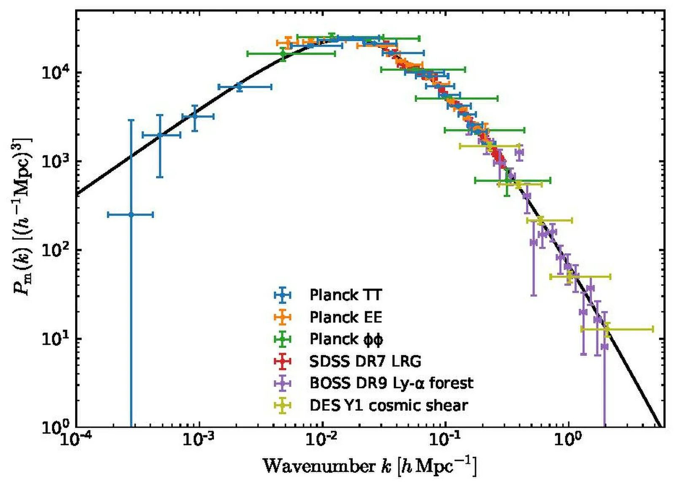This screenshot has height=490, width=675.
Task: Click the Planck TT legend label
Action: [346, 295]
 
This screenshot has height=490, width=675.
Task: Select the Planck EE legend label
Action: [346, 317]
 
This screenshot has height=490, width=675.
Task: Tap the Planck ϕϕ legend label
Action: [346, 339]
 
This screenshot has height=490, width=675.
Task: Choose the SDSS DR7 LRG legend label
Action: [365, 361]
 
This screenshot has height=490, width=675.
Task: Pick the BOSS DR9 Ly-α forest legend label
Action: [391, 383]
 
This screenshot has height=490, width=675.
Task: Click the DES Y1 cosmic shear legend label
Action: [389, 405]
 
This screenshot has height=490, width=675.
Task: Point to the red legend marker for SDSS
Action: [282, 361]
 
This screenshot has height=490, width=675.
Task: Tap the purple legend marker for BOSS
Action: [282, 383]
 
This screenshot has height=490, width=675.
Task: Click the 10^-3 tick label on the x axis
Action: [199, 439]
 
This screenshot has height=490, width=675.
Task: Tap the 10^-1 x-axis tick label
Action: [445, 439]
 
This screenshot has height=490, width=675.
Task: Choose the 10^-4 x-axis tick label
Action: [76, 439]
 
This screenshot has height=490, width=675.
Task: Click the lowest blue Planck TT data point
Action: [131, 214]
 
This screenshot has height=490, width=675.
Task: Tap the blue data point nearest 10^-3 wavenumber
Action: [194, 116]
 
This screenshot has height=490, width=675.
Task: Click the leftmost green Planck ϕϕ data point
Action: [283, 54]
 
